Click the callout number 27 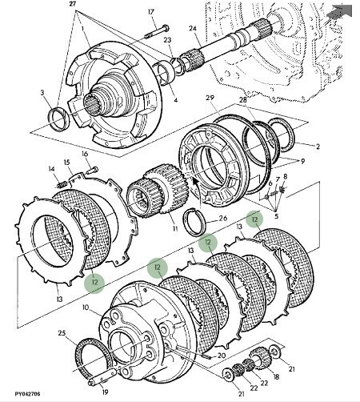[72, 4]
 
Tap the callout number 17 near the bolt [151, 12]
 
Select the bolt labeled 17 [157, 31]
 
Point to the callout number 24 [193, 28]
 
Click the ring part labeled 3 [58, 119]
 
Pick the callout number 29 [210, 98]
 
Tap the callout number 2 [318, 147]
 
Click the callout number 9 [302, 161]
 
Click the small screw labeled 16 [93, 170]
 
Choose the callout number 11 [175, 228]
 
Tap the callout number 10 [86, 308]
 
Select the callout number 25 [62, 333]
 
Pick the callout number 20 [222, 356]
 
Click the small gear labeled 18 [260, 358]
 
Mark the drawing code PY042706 [27, 394]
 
